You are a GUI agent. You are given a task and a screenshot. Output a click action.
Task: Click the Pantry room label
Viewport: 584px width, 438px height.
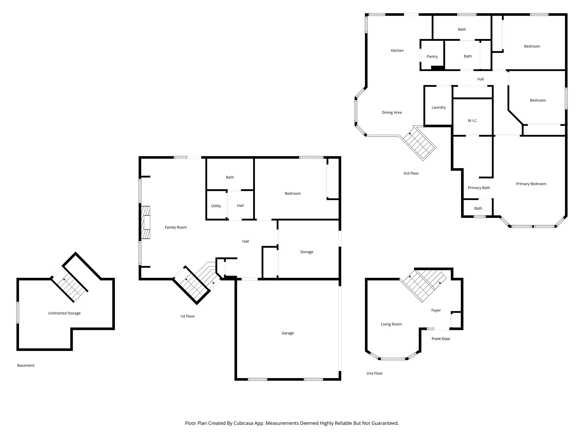pyautogui.click(x=432, y=56)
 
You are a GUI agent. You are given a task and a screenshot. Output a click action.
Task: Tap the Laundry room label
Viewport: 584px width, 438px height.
pyautogui.click(x=438, y=107)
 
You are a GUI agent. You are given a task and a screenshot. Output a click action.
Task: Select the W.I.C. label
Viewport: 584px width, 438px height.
pyautogui.click(x=472, y=121)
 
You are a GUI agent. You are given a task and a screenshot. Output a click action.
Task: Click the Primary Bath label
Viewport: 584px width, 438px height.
pyautogui.click(x=479, y=188)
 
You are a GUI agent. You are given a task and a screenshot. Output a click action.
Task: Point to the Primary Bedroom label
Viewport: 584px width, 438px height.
pyautogui.click(x=531, y=184)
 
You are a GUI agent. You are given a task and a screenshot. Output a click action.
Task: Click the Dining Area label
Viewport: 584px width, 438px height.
pyautogui.click(x=391, y=112)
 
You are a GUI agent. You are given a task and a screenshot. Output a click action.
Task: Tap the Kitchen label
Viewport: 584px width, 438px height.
pyautogui.click(x=397, y=50)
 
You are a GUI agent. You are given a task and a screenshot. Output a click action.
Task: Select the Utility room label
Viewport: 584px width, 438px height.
pyautogui.click(x=216, y=206)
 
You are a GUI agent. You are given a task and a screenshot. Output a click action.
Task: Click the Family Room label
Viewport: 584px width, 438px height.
pyautogui.click(x=176, y=227)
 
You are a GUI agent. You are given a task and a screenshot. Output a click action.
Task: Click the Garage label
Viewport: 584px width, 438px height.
pyautogui.click(x=287, y=333)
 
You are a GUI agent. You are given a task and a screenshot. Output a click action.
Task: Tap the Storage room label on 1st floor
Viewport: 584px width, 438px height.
pyautogui.click(x=307, y=252)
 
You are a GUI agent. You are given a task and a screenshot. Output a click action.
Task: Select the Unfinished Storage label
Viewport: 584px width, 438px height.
pyautogui.click(x=64, y=313)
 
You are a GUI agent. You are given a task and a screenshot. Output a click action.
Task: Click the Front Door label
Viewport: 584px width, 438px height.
pyautogui.click(x=441, y=339)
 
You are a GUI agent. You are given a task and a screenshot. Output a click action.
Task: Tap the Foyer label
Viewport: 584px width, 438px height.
pyautogui.click(x=436, y=310)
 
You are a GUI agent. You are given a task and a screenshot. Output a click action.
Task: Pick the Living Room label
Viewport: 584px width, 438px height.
pyautogui.click(x=391, y=324)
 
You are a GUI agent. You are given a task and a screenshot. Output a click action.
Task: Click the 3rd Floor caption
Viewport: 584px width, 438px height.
pyautogui.click(x=411, y=173)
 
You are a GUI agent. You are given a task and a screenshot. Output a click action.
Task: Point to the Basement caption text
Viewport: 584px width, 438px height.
pyautogui.click(x=26, y=365)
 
